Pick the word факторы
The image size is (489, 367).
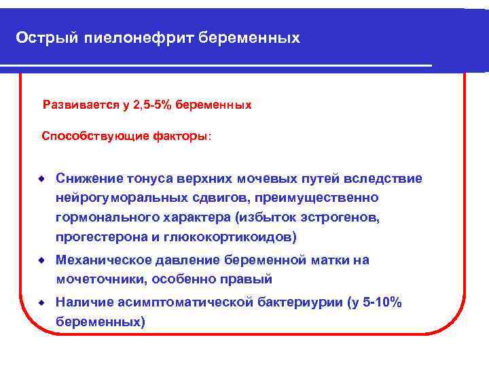(181, 137)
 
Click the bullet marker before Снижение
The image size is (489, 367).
(41, 178)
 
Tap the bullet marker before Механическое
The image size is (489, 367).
(41, 260)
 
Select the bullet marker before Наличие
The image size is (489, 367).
(41, 302)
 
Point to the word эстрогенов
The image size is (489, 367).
(342, 217)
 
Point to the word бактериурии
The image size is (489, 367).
(301, 302)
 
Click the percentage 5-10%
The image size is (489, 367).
(382, 302)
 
